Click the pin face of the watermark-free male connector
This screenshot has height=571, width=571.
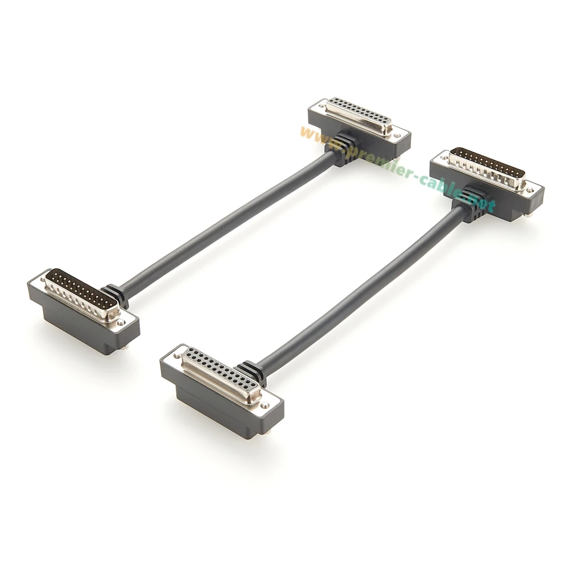point(82,295)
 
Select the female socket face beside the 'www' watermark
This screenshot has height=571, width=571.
point(359,114)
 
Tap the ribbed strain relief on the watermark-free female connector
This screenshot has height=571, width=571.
point(251,373)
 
